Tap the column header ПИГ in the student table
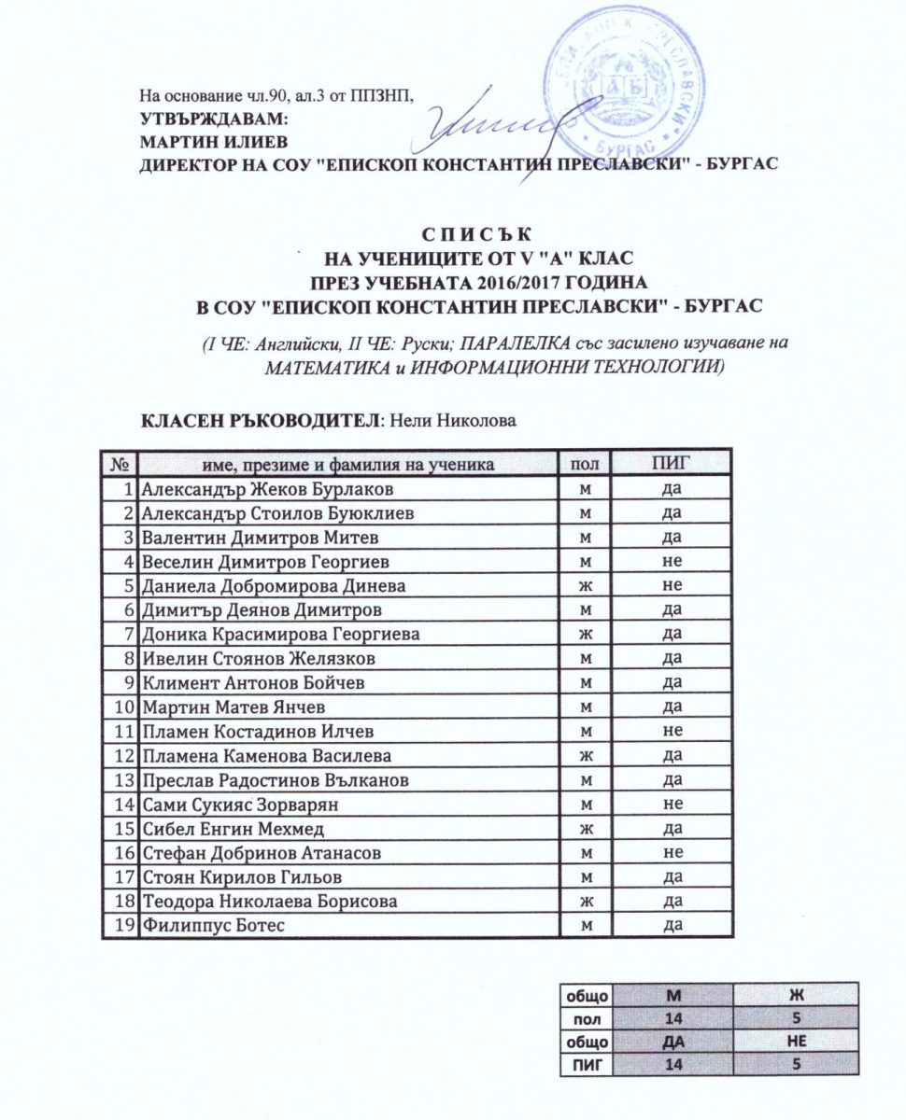pyautogui.click(x=672, y=464)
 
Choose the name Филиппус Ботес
pyautogui.click(x=212, y=925)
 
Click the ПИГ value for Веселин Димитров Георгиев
pyautogui.click(x=672, y=562)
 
